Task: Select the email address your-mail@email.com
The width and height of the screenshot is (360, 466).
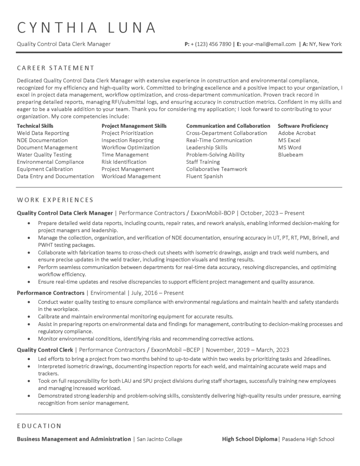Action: click(269, 45)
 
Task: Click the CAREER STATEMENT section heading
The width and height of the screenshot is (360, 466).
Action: click(56, 68)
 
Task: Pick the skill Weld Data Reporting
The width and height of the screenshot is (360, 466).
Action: click(43, 133)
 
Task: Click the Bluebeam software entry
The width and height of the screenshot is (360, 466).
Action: click(290, 155)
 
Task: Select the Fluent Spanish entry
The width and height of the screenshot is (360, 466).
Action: click(204, 177)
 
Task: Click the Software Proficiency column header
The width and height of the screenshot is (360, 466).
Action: click(303, 126)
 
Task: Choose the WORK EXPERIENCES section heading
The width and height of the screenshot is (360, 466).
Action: click(55, 200)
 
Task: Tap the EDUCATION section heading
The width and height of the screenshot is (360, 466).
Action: click(39, 426)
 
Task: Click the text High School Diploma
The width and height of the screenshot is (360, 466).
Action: click(250, 440)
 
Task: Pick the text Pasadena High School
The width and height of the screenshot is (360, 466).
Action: click(308, 440)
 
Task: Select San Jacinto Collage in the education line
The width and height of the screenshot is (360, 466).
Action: click(159, 440)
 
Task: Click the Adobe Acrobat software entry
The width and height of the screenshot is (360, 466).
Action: click(297, 133)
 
